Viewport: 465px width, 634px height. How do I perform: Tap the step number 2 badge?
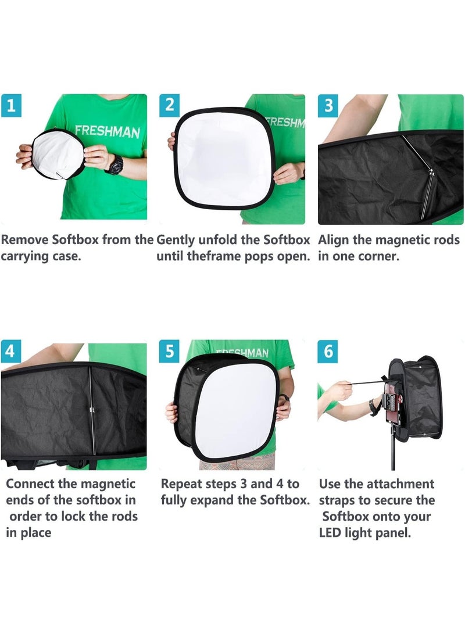point(170,105)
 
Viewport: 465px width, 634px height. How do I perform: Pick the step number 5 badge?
point(170,352)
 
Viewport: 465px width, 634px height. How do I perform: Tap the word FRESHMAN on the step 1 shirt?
point(107,131)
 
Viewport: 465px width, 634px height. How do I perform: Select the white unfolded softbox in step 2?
point(224,157)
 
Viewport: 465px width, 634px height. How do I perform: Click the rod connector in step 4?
point(92,413)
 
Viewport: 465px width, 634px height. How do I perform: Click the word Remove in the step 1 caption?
point(26,240)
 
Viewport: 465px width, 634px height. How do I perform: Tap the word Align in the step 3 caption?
point(334,240)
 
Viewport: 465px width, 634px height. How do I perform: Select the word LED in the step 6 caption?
point(331,533)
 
